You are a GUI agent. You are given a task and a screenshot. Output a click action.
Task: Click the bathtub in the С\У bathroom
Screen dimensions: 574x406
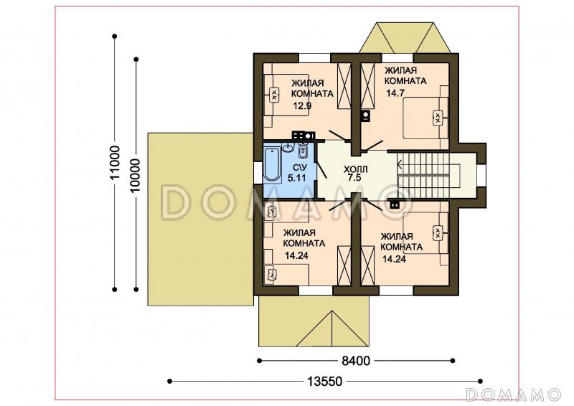tap(271, 164)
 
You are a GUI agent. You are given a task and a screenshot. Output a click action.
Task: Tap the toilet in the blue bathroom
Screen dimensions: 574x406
tap(303, 150)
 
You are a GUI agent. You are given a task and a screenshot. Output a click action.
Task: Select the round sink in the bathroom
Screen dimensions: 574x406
tap(288, 148)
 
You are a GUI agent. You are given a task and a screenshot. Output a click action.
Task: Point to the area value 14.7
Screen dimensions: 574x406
tap(395, 93)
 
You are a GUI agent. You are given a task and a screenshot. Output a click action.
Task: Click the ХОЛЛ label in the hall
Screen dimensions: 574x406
tap(355, 169)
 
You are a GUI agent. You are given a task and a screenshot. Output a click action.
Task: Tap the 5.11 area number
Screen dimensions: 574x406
tap(296, 179)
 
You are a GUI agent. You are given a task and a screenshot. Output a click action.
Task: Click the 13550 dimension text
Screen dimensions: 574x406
tap(325, 382)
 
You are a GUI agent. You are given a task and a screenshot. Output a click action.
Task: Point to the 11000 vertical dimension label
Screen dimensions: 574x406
tap(115, 163)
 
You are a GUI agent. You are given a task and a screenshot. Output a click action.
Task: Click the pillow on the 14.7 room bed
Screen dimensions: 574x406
tap(437, 118)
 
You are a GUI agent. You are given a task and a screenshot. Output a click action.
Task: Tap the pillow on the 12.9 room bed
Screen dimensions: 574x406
tap(273, 95)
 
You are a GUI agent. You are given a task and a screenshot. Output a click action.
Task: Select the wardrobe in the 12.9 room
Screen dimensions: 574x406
tap(344, 86)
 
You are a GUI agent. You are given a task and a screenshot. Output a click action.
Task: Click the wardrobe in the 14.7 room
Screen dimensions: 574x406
tap(367, 86)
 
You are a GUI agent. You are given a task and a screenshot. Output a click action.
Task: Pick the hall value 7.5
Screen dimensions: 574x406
tap(355, 179)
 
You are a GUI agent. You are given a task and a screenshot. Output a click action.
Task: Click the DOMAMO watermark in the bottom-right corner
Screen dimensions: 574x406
tap(514, 395)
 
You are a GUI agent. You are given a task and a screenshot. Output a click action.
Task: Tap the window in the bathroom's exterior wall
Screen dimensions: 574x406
tap(258, 173)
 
